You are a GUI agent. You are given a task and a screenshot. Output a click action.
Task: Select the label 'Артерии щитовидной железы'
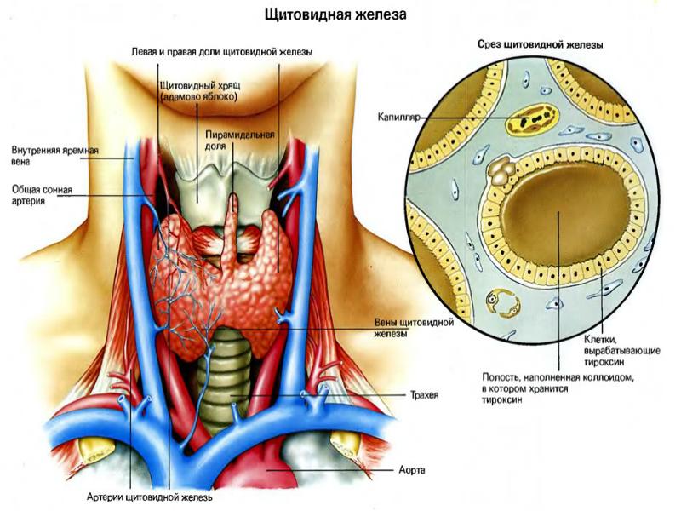pos(149,497)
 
